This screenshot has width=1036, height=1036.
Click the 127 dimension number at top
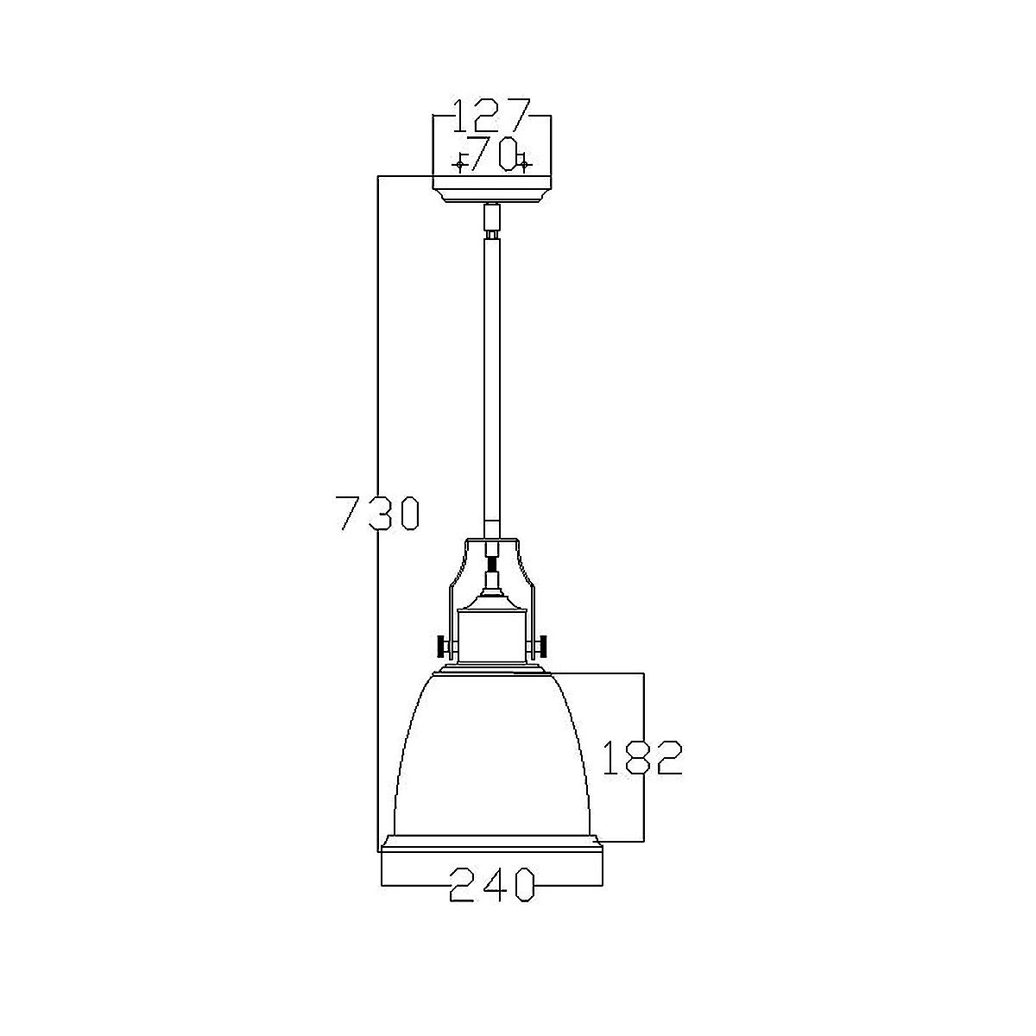coord(491,116)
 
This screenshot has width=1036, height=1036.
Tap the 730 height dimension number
coord(376,513)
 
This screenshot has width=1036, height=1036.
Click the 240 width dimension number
coord(491,886)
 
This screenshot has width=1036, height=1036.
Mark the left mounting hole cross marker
coord(460,163)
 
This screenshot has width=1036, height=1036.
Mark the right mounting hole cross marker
coord(524,163)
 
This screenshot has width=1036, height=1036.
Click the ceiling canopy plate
coord(491,189)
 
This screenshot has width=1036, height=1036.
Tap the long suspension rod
coord(491,380)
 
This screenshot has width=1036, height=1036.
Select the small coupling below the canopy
coord(491,221)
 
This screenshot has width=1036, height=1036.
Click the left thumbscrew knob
coord(443,647)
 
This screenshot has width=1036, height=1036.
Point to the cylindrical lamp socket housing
coord(491,635)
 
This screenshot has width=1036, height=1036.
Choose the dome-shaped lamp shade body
coord(491,751)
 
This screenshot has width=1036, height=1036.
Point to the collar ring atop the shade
coord(491,669)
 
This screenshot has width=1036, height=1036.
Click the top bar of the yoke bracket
coord(491,541)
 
